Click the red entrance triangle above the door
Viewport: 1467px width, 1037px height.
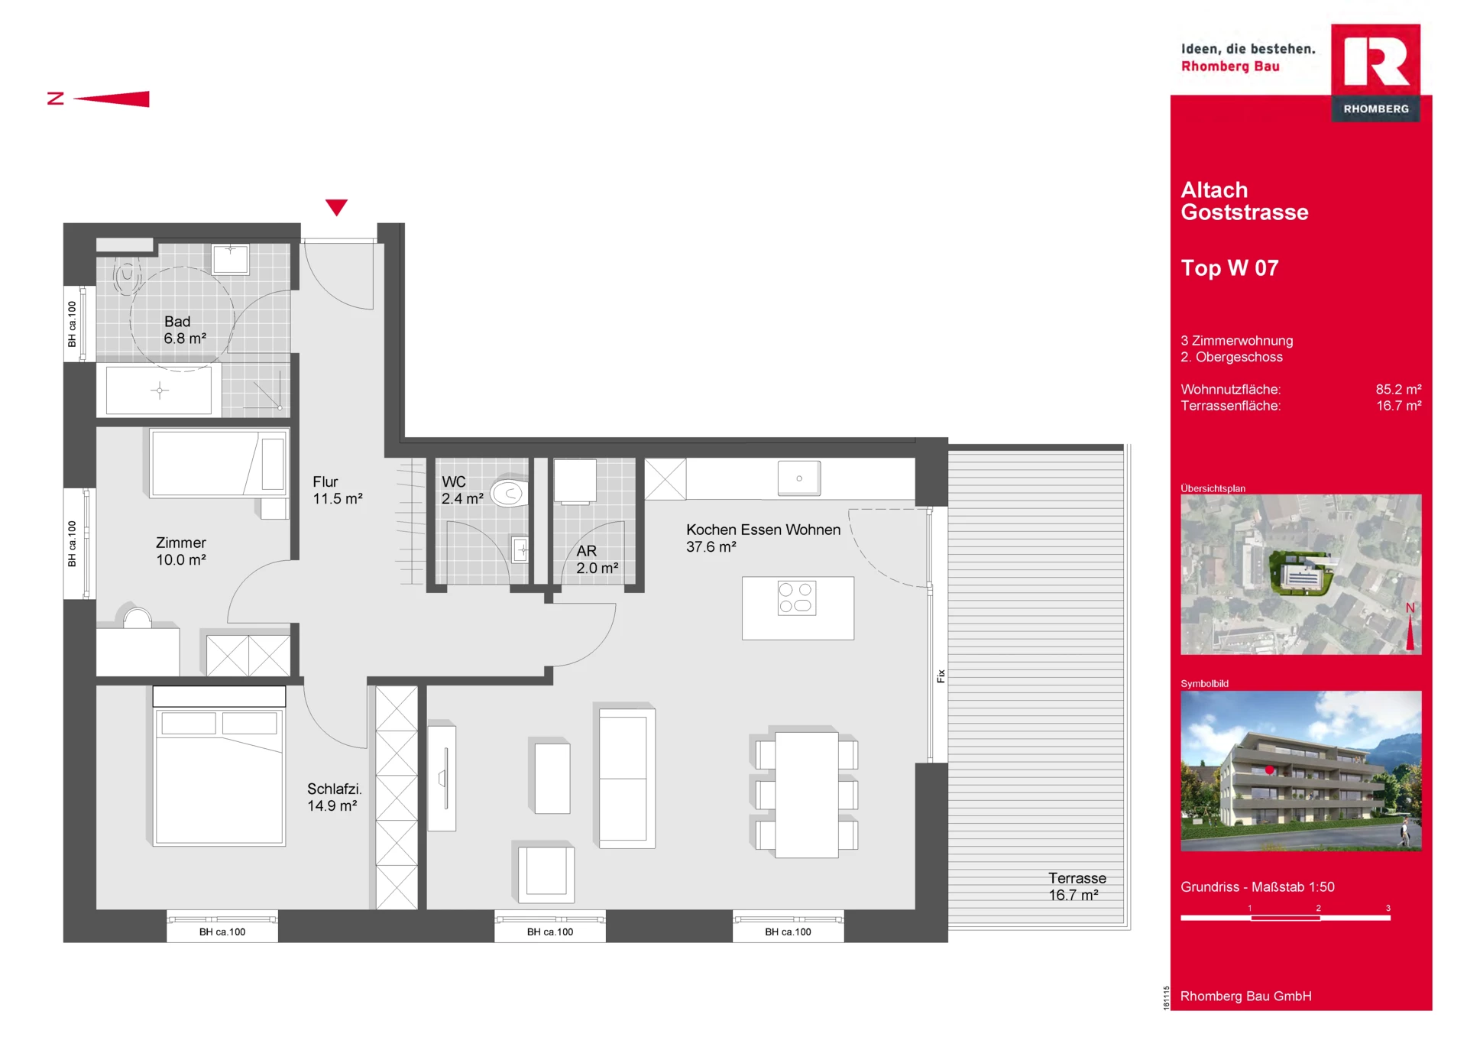click(336, 207)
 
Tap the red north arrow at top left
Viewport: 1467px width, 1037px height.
click(112, 99)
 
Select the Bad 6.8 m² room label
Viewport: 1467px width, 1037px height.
click(185, 330)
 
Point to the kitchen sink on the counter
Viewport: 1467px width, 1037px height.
click(799, 478)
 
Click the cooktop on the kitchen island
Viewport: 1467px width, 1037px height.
click(797, 598)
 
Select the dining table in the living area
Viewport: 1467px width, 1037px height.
click(807, 795)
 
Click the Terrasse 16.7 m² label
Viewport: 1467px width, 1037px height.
click(1077, 886)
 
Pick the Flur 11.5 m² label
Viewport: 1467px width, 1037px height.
click(338, 490)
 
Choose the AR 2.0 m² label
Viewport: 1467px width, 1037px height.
click(597, 559)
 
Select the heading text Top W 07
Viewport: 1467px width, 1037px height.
click(1229, 268)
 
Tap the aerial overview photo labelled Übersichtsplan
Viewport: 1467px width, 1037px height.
click(1300, 574)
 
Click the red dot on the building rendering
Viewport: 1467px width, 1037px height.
click(1270, 770)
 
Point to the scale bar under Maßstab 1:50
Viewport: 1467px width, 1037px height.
click(1285, 917)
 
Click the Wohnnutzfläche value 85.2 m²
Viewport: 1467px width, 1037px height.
click(1398, 389)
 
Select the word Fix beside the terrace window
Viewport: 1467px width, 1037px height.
click(941, 676)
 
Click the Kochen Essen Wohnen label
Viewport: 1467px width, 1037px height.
click(763, 530)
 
